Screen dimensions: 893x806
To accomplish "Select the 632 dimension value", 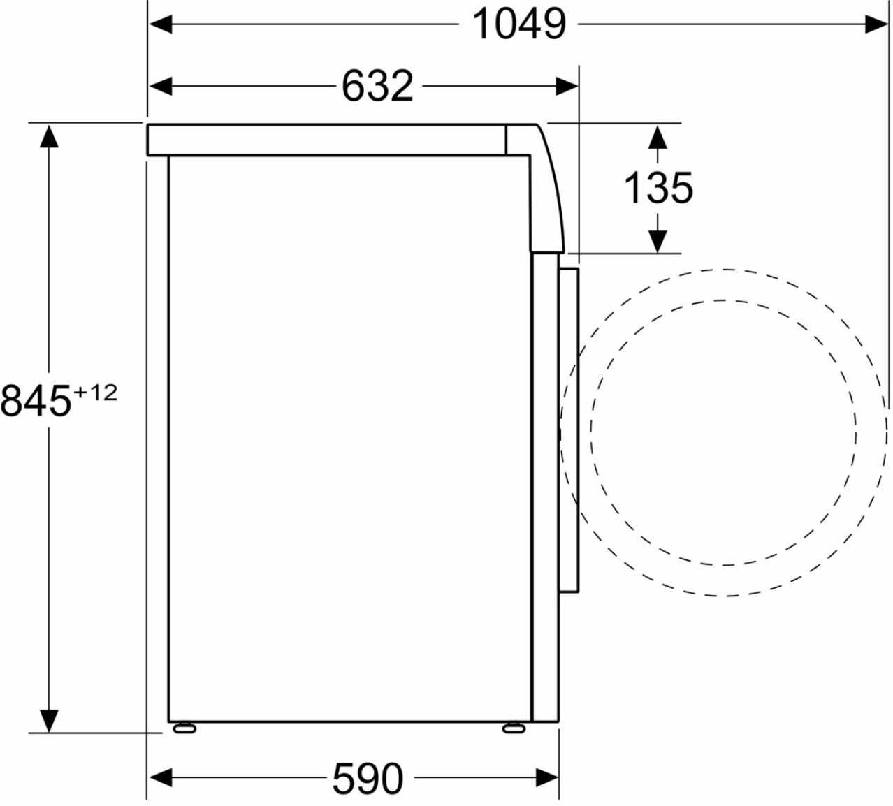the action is (377, 86).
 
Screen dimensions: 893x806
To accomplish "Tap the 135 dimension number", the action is (658, 189).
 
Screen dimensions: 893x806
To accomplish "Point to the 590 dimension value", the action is (368, 779).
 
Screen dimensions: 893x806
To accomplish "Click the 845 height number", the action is (36, 401).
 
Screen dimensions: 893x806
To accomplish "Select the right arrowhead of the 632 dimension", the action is (567, 86).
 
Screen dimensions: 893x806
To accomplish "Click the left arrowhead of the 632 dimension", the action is (161, 86).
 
